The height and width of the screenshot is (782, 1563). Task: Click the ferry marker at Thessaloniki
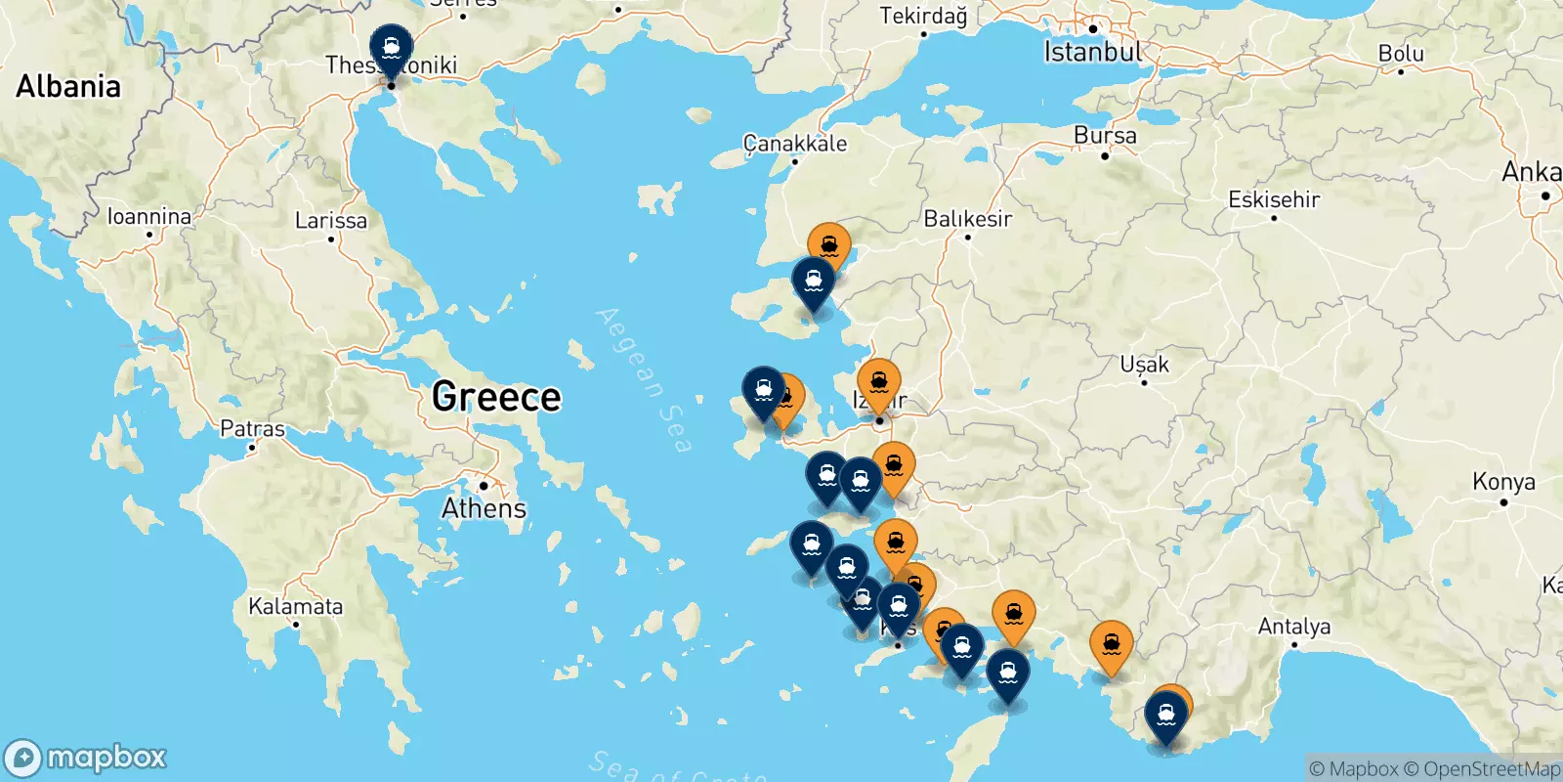coord(391,48)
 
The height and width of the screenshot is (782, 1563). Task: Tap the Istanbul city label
coord(1091,52)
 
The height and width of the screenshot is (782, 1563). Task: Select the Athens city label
coord(484,508)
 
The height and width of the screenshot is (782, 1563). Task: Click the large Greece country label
coord(496,397)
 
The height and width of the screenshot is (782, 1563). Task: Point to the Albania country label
coord(68,86)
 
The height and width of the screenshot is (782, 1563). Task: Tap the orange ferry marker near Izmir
coord(878,383)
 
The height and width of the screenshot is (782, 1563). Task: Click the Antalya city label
coord(1293,626)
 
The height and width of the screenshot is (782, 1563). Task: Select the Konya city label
coord(1503,482)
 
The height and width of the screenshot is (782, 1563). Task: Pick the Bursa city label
coord(1105,136)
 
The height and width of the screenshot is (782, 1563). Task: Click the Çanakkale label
coord(795,144)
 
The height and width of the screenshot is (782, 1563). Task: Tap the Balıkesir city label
coord(967,219)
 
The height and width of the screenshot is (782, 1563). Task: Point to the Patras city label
coord(252,429)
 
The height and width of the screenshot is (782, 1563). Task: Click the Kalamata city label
coord(295,606)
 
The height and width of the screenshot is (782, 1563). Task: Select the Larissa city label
coord(331,221)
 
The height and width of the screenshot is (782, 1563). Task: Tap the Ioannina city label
coord(148,216)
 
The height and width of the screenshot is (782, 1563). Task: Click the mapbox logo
coord(86,758)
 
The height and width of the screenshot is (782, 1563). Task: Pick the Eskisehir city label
coord(1273,199)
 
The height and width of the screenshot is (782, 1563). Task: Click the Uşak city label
coord(1144,365)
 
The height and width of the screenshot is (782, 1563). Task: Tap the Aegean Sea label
coord(645,379)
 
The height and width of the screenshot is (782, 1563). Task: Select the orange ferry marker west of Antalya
coord(1111,645)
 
